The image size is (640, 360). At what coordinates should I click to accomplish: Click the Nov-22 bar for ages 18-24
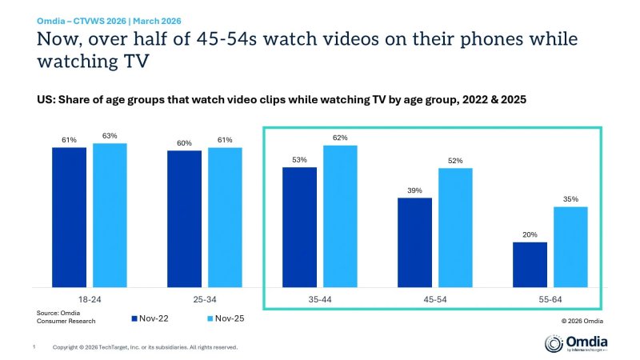coord(70,217)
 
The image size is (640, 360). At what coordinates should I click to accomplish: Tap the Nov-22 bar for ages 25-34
coord(184,218)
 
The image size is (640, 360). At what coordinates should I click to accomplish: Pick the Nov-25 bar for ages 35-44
coord(340,216)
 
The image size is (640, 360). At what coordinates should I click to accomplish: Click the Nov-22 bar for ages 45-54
coord(414,242)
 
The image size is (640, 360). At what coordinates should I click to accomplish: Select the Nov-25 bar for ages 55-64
coord(570,246)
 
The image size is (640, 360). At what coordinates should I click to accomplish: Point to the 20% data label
coord(530,234)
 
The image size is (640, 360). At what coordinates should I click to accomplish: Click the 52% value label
coord(455,160)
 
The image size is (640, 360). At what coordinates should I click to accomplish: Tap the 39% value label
coord(414,190)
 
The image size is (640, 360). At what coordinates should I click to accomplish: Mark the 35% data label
coord(570,199)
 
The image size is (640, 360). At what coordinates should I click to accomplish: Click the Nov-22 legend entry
coord(153,318)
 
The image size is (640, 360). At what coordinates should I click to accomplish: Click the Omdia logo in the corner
coord(575,343)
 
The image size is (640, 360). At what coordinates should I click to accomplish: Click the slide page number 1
coord(34,346)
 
